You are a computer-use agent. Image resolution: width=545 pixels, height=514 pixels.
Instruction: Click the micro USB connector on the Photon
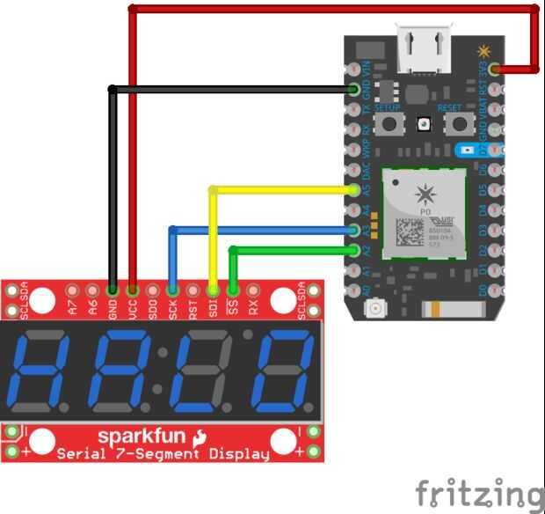click(424, 48)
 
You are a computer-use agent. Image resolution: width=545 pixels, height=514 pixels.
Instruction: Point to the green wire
click(290, 250)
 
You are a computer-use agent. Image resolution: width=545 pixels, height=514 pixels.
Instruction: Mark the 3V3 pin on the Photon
click(495, 68)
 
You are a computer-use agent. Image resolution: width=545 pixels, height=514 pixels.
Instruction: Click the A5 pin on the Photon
click(353, 189)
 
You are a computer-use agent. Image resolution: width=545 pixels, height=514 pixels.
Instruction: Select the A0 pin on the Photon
click(353, 290)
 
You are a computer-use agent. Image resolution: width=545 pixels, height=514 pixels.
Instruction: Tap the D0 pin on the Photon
click(495, 290)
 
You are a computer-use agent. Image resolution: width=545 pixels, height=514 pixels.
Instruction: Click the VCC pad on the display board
click(133, 289)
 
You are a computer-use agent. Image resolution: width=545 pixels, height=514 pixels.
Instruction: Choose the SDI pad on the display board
click(213, 289)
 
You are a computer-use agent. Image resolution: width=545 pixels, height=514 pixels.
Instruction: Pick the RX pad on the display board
click(253, 289)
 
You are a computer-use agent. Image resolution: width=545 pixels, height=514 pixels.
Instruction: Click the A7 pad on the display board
click(73, 289)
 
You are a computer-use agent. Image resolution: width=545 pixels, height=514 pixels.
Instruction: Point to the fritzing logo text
click(479, 492)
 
